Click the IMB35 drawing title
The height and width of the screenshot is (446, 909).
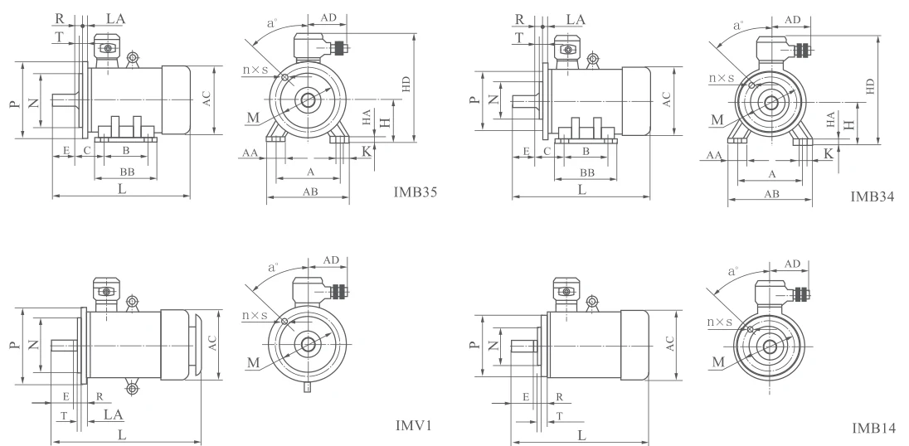(x=415, y=192)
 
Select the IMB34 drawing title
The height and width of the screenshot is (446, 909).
(x=872, y=196)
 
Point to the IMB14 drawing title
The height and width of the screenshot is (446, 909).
(x=873, y=428)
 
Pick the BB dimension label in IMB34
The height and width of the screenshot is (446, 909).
(x=586, y=172)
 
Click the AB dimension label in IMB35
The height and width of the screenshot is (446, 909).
(x=310, y=191)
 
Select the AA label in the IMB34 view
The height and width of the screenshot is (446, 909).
(x=714, y=155)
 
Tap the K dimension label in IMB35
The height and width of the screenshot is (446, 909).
(x=367, y=152)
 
